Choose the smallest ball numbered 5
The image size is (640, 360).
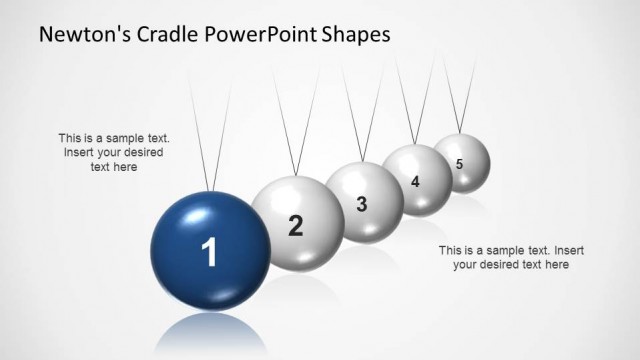click(461, 161)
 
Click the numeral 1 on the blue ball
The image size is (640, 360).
click(210, 254)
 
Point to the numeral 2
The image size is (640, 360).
click(295, 226)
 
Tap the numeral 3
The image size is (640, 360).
click(362, 204)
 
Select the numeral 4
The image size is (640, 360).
click(415, 182)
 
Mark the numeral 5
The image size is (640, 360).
click(459, 163)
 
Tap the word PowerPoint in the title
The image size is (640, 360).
click(264, 34)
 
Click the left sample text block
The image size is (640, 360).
click(114, 153)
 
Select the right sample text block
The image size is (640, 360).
click(510, 257)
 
